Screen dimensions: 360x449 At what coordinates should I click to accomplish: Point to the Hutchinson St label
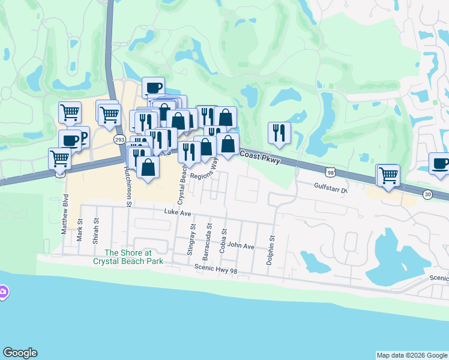[x=128, y=186]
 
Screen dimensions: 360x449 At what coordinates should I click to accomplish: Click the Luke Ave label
[x=177, y=213]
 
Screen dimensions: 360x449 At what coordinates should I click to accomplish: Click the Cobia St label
[x=224, y=241]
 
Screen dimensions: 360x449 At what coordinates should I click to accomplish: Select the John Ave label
[x=241, y=246]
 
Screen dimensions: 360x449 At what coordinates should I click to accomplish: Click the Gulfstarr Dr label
[x=331, y=187]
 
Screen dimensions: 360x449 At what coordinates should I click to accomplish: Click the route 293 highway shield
[x=119, y=139]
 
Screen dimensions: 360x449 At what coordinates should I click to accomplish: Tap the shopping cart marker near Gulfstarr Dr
[x=388, y=175]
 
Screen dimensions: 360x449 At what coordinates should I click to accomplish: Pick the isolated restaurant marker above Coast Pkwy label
[x=279, y=133]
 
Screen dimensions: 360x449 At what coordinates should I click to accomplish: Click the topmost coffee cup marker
[x=153, y=88]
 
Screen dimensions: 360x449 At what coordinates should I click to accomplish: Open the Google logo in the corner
[x=20, y=353]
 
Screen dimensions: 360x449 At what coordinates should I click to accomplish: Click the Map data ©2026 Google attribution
[x=412, y=355]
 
